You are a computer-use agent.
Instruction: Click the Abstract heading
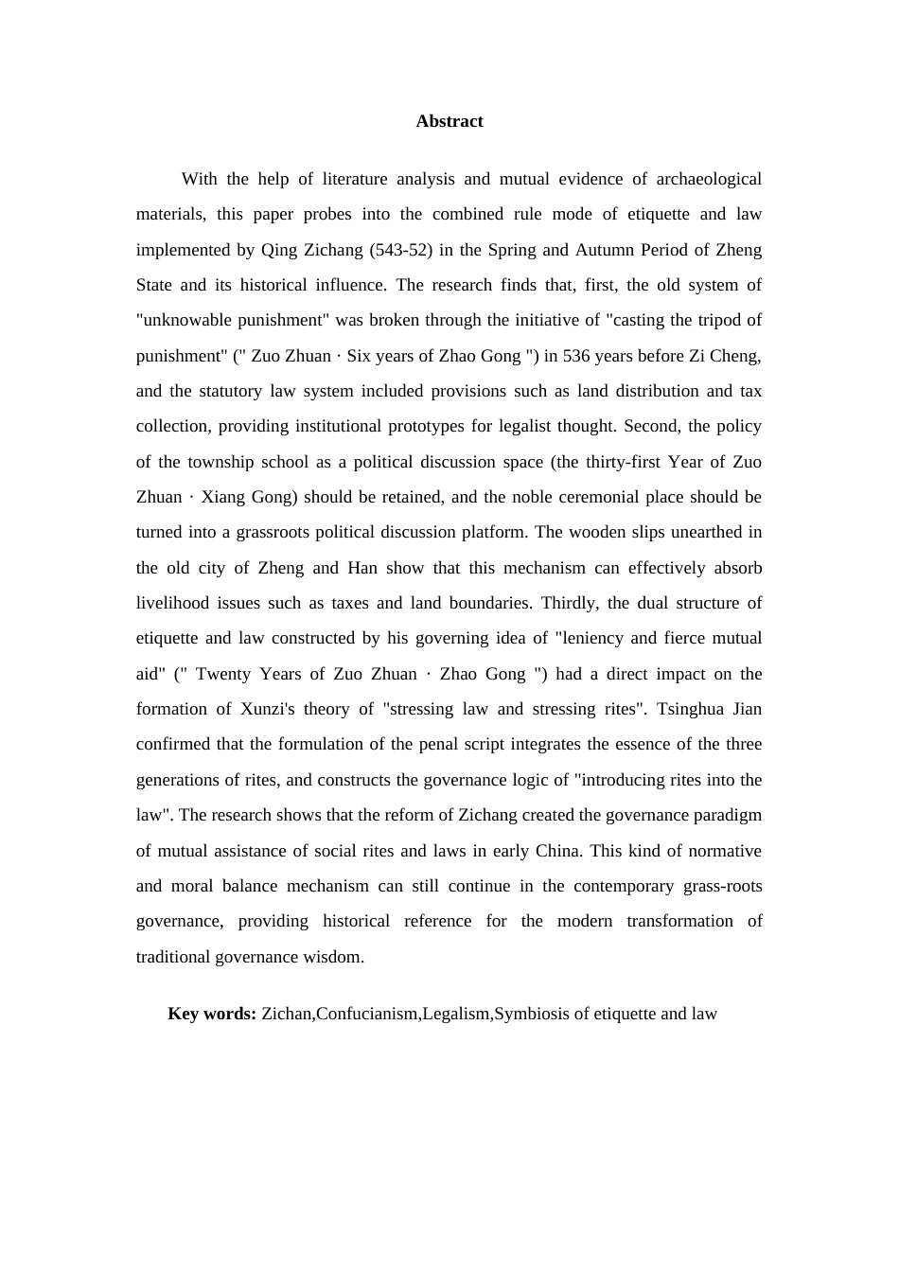pyautogui.click(x=449, y=121)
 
